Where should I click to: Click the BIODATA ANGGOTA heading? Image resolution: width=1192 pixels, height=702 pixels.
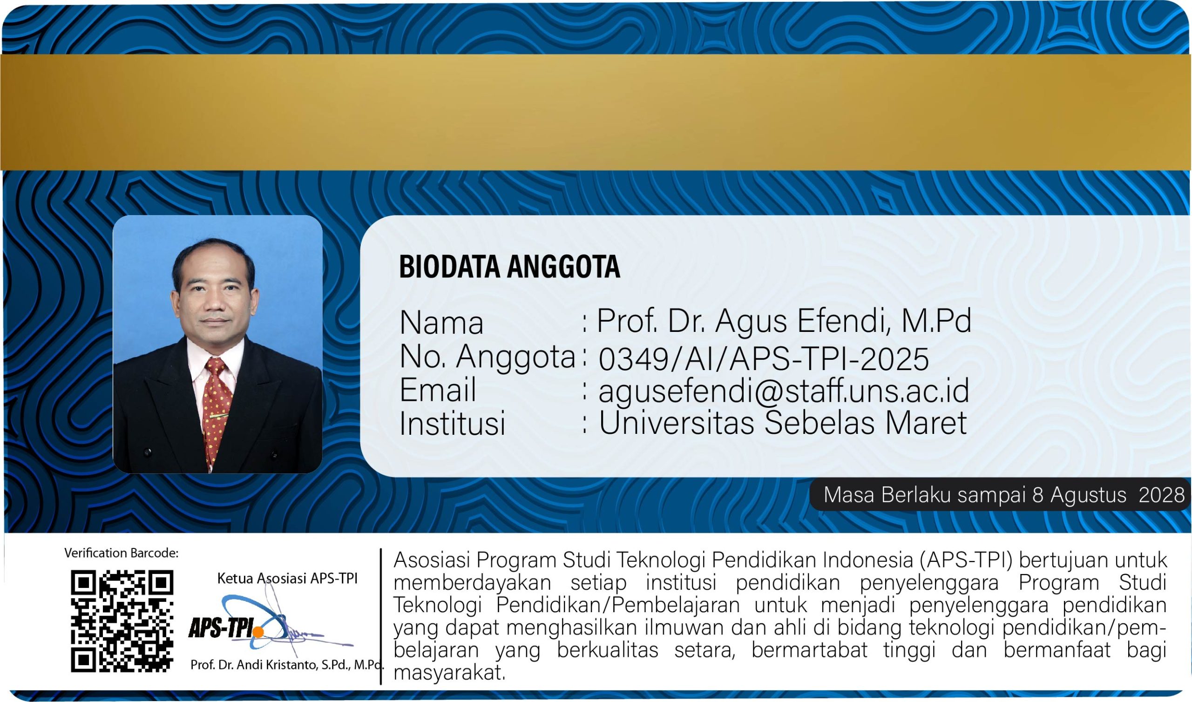click(x=509, y=266)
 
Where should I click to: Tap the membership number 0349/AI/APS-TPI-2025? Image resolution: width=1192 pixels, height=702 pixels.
click(x=764, y=359)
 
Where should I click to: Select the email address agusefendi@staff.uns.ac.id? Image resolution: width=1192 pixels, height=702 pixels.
click(x=784, y=391)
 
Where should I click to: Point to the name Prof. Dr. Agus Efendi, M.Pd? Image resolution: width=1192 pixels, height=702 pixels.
click(x=784, y=322)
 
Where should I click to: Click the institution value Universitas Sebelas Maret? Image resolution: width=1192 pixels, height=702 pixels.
click(x=783, y=422)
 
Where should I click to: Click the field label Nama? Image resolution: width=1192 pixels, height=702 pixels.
click(x=442, y=323)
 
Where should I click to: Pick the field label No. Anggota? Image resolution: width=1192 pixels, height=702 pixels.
click(x=487, y=358)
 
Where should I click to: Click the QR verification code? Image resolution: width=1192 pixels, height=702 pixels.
click(x=122, y=621)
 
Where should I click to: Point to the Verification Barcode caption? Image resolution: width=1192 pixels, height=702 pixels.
click(x=122, y=553)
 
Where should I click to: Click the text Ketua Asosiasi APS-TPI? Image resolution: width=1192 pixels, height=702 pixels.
click(x=287, y=578)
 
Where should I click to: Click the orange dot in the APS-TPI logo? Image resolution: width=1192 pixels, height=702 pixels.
click(x=258, y=632)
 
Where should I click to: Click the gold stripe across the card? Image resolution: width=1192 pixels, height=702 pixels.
click(x=596, y=112)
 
